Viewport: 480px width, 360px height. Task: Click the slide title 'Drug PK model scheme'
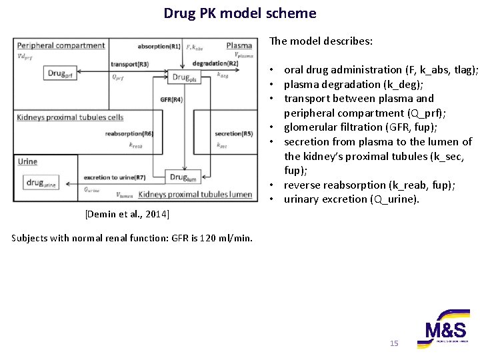[x=240, y=13]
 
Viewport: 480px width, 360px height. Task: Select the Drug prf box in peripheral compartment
[x=59, y=74]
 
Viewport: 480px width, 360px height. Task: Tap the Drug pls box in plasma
[x=184, y=77]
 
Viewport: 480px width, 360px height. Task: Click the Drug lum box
[x=183, y=177]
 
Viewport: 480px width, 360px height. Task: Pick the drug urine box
[x=41, y=183]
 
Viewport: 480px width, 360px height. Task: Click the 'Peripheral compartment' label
[x=61, y=46]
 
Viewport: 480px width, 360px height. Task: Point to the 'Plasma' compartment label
[x=239, y=46]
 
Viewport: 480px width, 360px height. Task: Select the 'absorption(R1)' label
[x=159, y=47]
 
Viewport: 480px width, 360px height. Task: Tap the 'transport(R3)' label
[x=130, y=64]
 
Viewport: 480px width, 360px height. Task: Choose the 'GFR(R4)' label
[x=171, y=100]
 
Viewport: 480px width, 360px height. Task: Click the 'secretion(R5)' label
[x=233, y=134]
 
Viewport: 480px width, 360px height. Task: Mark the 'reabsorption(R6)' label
[x=129, y=134]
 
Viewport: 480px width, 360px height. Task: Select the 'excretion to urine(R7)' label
[x=115, y=178]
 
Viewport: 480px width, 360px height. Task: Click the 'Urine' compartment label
[x=27, y=162]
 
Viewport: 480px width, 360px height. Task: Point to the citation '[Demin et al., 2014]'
[x=127, y=214]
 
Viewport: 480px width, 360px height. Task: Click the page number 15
[x=393, y=343]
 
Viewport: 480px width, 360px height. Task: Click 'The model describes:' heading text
[x=321, y=41]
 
